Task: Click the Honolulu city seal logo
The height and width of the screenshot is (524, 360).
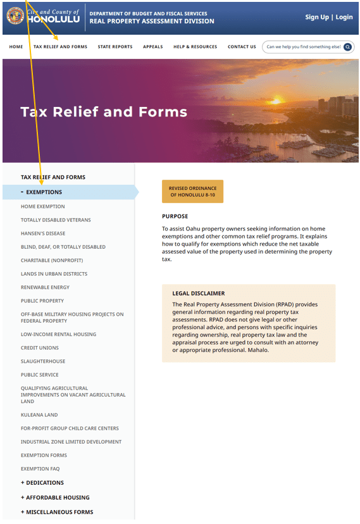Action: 15,16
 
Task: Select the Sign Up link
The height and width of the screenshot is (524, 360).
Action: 316,17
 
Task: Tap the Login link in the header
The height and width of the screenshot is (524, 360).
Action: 344,17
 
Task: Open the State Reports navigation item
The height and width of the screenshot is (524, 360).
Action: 115,47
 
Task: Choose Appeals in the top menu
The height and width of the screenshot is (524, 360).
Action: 152,47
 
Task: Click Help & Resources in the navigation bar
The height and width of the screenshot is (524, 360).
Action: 195,47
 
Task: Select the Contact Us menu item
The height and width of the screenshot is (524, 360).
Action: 242,47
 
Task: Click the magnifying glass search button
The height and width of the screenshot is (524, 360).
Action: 347,47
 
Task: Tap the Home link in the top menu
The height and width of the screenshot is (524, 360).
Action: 16,47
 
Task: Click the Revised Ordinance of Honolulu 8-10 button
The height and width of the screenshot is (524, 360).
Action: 192,191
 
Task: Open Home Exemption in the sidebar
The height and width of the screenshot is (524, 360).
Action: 42,206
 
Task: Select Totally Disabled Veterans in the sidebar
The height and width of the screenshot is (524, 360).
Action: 56,220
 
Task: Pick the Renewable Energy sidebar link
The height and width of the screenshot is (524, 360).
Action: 45,287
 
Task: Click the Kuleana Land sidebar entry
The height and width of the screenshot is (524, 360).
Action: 39,415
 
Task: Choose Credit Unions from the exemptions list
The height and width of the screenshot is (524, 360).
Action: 40,348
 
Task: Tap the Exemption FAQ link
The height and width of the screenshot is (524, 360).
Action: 44,469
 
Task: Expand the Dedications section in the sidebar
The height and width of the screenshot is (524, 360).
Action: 44,483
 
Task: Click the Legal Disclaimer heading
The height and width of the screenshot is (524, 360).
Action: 198,294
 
